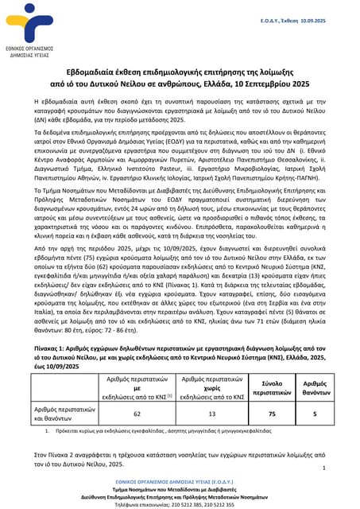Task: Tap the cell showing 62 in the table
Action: pyautogui.click(x=137, y=414)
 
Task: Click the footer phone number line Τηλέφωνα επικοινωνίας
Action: pyautogui.click(x=179, y=504)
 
